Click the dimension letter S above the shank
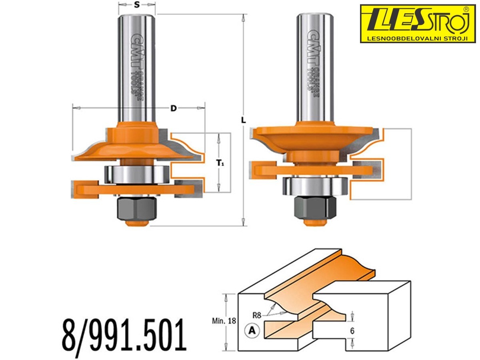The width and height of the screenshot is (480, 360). click(x=137, y=4)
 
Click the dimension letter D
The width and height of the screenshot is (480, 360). click(x=174, y=108)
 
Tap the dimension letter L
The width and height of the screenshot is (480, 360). click(x=243, y=120)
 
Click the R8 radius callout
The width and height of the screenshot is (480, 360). click(x=257, y=316)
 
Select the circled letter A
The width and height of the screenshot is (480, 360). click(x=252, y=331)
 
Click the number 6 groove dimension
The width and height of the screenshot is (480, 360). click(x=352, y=331)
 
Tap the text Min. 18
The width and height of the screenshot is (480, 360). click(x=224, y=321)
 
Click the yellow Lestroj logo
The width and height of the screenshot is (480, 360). click(x=418, y=24)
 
